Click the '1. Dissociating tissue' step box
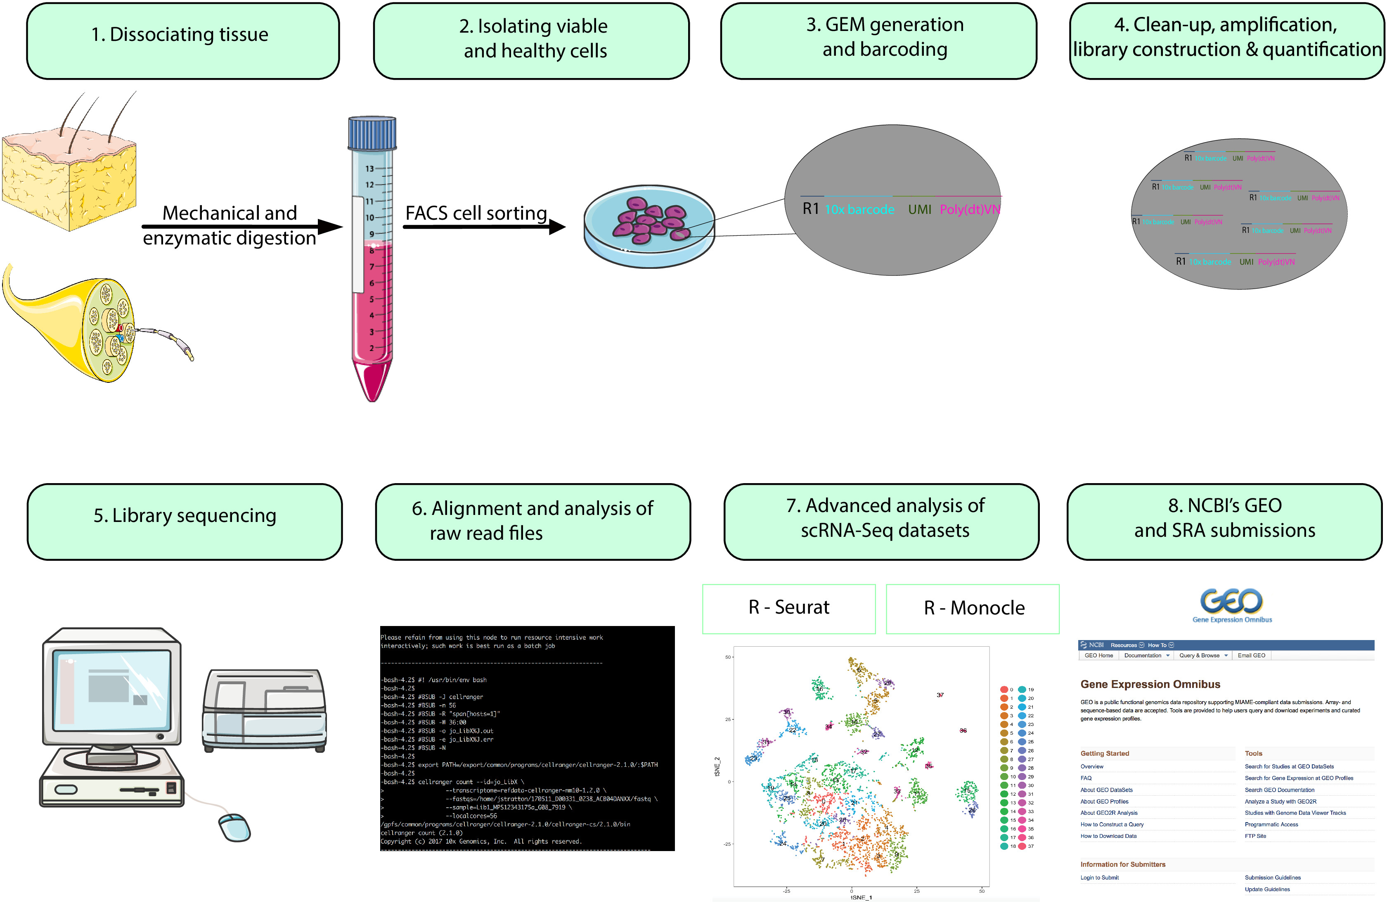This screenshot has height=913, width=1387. coord(182,41)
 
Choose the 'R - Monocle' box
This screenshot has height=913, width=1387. coord(973,609)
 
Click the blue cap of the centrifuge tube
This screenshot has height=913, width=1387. coord(372,133)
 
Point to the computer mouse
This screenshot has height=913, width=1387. coord(234,827)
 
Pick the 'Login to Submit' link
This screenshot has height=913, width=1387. coord(1099,877)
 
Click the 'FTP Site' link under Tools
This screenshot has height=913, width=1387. coord(1255,836)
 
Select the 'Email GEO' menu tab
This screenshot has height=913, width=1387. coord(1251,655)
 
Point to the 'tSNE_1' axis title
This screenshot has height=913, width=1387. coord(861,897)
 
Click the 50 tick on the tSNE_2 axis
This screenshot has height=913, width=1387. coord(728,657)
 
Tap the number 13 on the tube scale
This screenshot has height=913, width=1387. coord(369,168)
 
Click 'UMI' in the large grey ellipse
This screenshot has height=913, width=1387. coord(919,209)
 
